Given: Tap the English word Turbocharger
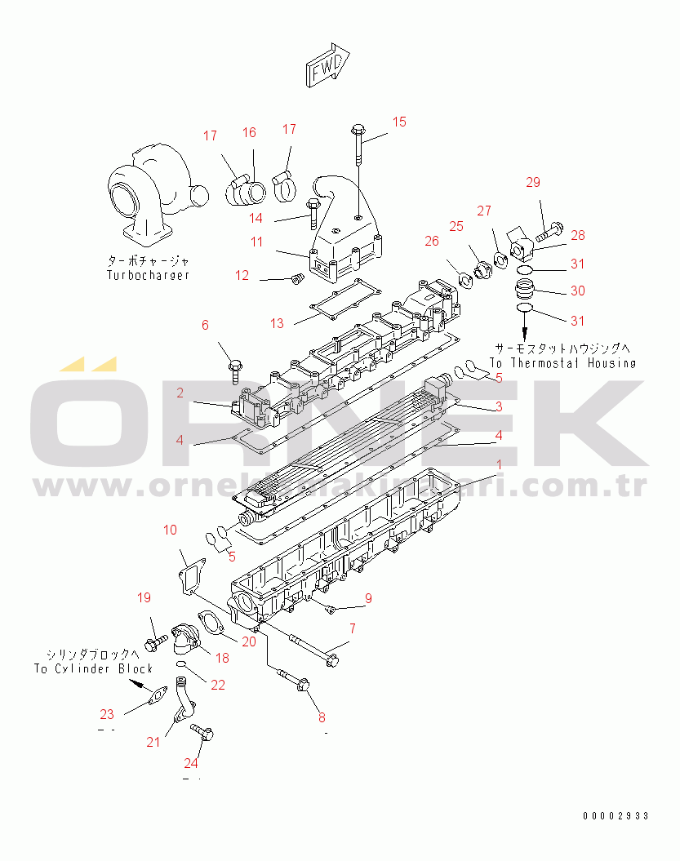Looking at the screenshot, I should [x=148, y=275].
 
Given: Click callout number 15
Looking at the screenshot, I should [x=399, y=122].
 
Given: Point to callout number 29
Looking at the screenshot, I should [x=532, y=182].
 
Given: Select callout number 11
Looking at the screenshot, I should [x=257, y=242].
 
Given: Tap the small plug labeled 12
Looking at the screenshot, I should [x=297, y=280].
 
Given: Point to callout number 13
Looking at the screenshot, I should [x=278, y=323].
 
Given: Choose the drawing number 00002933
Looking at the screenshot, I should [x=616, y=815].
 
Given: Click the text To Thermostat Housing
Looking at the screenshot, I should [x=562, y=362].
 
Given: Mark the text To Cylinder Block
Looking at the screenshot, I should [x=93, y=668].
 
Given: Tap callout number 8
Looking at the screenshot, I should [x=322, y=718].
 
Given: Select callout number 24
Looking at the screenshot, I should [x=191, y=763].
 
